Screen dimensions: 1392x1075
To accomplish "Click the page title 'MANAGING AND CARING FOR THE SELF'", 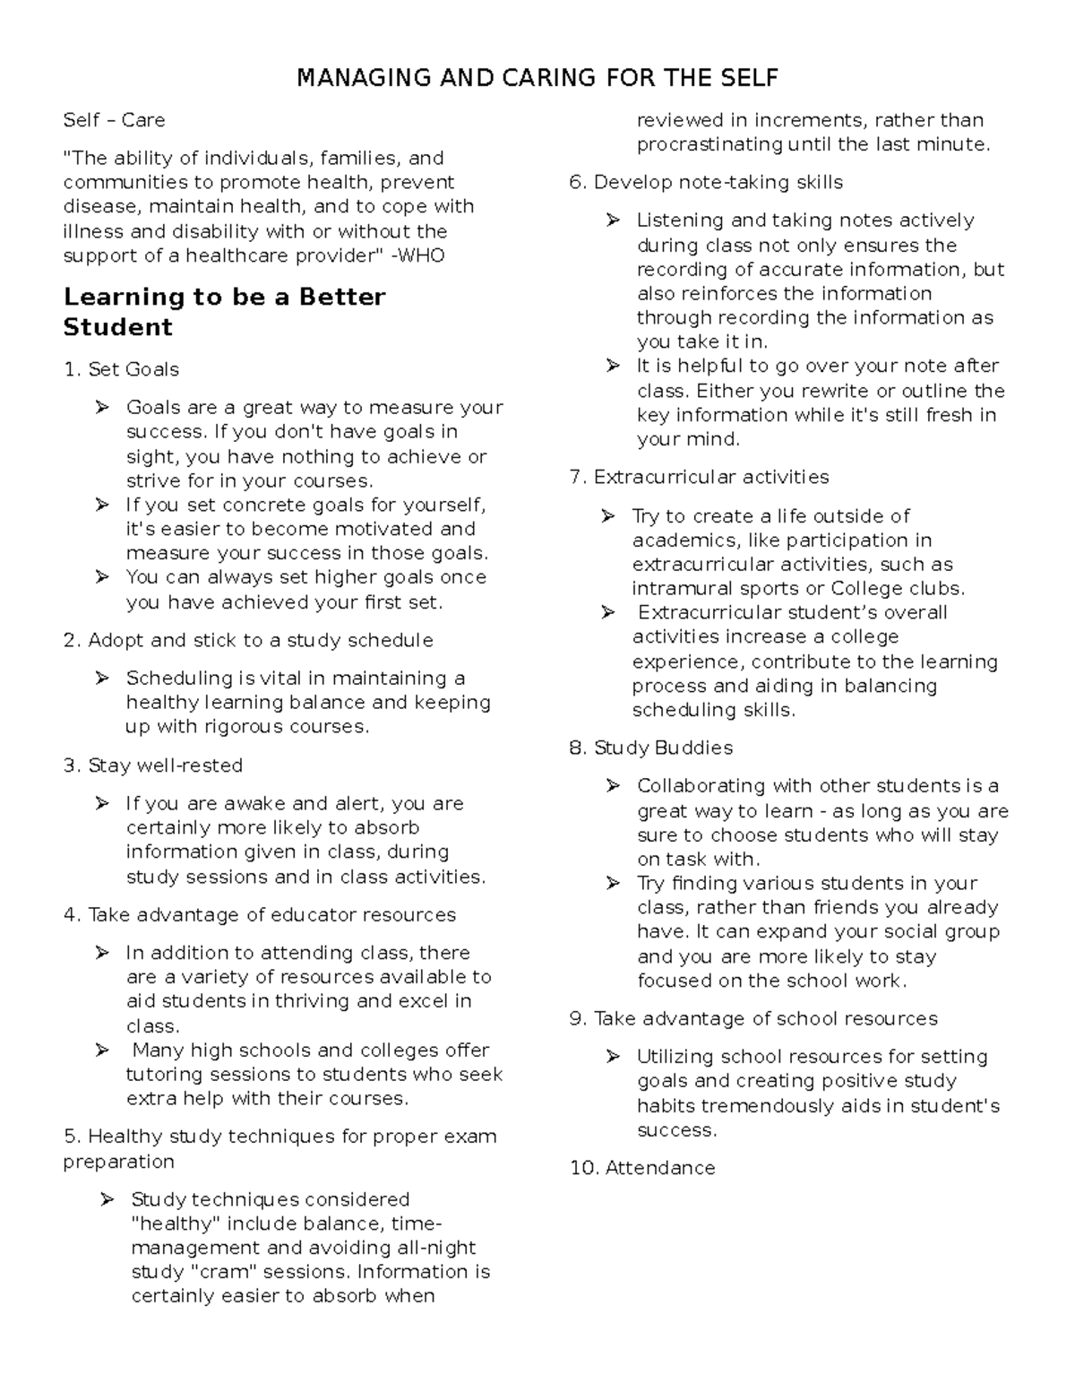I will [x=537, y=78].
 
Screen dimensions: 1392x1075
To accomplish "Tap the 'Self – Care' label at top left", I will [x=114, y=120].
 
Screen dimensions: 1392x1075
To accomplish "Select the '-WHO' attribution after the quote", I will [x=417, y=255].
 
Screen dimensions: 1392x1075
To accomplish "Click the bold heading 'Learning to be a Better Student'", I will [x=224, y=312].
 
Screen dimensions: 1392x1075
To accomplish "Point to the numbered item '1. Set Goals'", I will [x=121, y=369].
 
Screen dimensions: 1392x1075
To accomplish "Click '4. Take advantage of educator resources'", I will [x=260, y=915].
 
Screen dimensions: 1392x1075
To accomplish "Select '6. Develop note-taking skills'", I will [x=706, y=182].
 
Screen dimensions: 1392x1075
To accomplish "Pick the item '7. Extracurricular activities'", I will [x=699, y=477].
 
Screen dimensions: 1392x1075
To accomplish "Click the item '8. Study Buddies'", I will [x=651, y=748].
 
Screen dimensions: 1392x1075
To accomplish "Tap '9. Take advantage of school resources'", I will [x=753, y=1018].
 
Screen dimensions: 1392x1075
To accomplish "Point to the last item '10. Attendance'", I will [x=642, y=1168].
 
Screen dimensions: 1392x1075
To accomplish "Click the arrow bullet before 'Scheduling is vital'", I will [x=102, y=679].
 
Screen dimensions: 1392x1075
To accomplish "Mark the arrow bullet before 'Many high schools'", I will [x=102, y=1050].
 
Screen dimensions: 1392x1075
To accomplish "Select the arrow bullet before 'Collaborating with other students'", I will [x=613, y=786].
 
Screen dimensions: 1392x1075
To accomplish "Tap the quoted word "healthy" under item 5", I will [x=176, y=1223].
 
